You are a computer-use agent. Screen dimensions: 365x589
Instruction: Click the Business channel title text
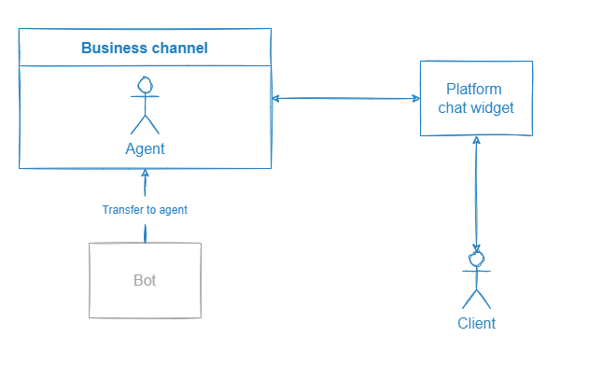point(145,49)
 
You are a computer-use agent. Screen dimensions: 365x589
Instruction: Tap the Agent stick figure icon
point(145,105)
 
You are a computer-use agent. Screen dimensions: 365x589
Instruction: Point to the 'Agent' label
point(145,149)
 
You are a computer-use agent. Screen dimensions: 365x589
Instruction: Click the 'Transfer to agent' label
point(145,210)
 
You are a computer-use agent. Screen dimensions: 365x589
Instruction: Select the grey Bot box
point(145,280)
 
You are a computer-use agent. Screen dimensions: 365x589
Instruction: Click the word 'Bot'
point(145,280)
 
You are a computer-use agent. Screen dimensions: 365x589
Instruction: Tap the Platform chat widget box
point(476,98)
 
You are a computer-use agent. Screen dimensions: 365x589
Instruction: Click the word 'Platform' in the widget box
point(474,90)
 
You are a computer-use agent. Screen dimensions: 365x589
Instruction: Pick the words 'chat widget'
point(476,108)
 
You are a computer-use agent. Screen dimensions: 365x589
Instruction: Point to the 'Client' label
point(477,324)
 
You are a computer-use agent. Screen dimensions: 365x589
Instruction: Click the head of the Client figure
point(477,259)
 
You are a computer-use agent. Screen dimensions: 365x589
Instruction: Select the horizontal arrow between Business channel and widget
point(345,98)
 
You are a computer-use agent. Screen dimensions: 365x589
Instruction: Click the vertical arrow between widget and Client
point(477,191)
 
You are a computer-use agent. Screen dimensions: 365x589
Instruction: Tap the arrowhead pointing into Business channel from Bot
point(145,174)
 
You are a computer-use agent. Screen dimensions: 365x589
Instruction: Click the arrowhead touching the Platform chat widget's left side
point(414,98)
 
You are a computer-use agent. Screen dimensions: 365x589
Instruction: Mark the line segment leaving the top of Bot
point(145,232)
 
